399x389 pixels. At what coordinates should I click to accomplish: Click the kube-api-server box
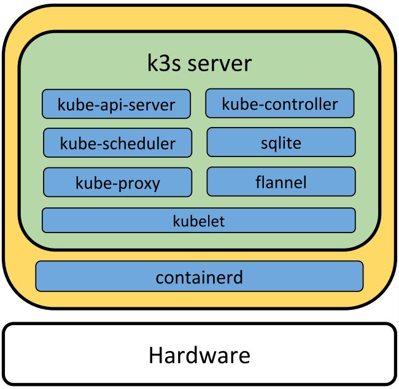[x=116, y=104]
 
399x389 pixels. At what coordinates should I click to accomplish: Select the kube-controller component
[x=280, y=104]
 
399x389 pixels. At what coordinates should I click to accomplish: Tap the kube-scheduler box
[x=117, y=143]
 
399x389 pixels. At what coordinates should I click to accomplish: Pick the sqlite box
[x=281, y=142]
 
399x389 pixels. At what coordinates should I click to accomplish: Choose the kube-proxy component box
[x=117, y=182]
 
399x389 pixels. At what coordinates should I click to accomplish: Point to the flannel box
[x=281, y=182]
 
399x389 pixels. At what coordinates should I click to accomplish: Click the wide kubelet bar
[x=198, y=220]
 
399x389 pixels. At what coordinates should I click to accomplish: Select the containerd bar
[x=199, y=277]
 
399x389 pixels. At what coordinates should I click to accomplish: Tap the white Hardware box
[x=199, y=355]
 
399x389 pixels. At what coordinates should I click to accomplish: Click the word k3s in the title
[x=163, y=63]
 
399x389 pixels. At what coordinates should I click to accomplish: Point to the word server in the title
[x=220, y=64]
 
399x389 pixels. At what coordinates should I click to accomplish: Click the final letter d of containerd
[x=238, y=277]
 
